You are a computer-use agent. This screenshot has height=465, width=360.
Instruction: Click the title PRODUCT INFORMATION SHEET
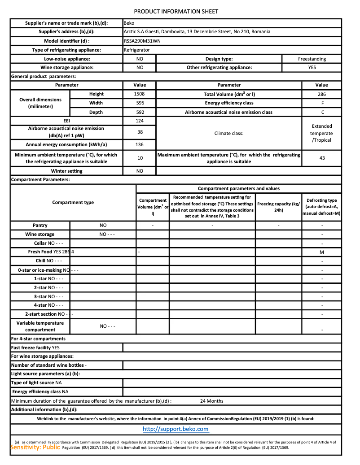[176, 11]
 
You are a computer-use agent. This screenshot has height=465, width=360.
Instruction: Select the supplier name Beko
[129, 23]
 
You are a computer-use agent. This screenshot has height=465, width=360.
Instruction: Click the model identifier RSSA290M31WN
[141, 41]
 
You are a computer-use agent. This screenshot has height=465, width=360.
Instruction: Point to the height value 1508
[139, 94]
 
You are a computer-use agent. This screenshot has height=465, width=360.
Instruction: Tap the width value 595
[139, 103]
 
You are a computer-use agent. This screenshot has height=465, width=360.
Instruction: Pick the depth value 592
[139, 113]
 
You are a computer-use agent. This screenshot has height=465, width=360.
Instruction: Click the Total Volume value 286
[321, 94]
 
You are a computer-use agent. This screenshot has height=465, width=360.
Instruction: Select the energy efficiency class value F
[321, 103]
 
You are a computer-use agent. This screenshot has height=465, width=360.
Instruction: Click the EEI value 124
[139, 121]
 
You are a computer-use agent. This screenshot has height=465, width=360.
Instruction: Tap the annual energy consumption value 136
[139, 145]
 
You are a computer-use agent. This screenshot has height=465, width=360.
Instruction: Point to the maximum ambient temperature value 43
[322, 158]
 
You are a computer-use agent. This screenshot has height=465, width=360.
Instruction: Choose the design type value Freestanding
[312, 59]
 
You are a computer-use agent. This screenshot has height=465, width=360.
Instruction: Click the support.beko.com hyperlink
[176, 429]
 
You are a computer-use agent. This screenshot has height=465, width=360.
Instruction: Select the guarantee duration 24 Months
[211, 401]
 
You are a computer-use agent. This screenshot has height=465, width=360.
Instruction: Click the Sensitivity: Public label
[35, 447]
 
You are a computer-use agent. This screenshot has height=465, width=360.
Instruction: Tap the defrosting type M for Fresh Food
[322, 252]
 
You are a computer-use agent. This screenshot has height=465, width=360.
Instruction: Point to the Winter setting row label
[66, 171]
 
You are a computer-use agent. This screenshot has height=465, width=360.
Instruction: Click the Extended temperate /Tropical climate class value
[322, 133]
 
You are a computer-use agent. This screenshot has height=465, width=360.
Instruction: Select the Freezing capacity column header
[278, 207]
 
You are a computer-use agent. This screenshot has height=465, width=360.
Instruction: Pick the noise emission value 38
[139, 132]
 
